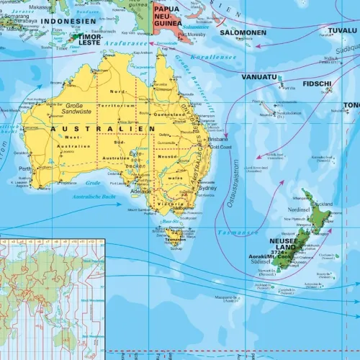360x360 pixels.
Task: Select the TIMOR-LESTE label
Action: (89, 39)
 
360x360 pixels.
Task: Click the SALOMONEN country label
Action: (243, 33)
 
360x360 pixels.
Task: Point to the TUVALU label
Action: (341, 30)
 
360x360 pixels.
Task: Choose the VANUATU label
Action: (259, 77)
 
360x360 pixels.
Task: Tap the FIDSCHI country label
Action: (317, 84)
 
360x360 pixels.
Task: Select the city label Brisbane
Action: (217, 140)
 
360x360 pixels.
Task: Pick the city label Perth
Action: (25, 170)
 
